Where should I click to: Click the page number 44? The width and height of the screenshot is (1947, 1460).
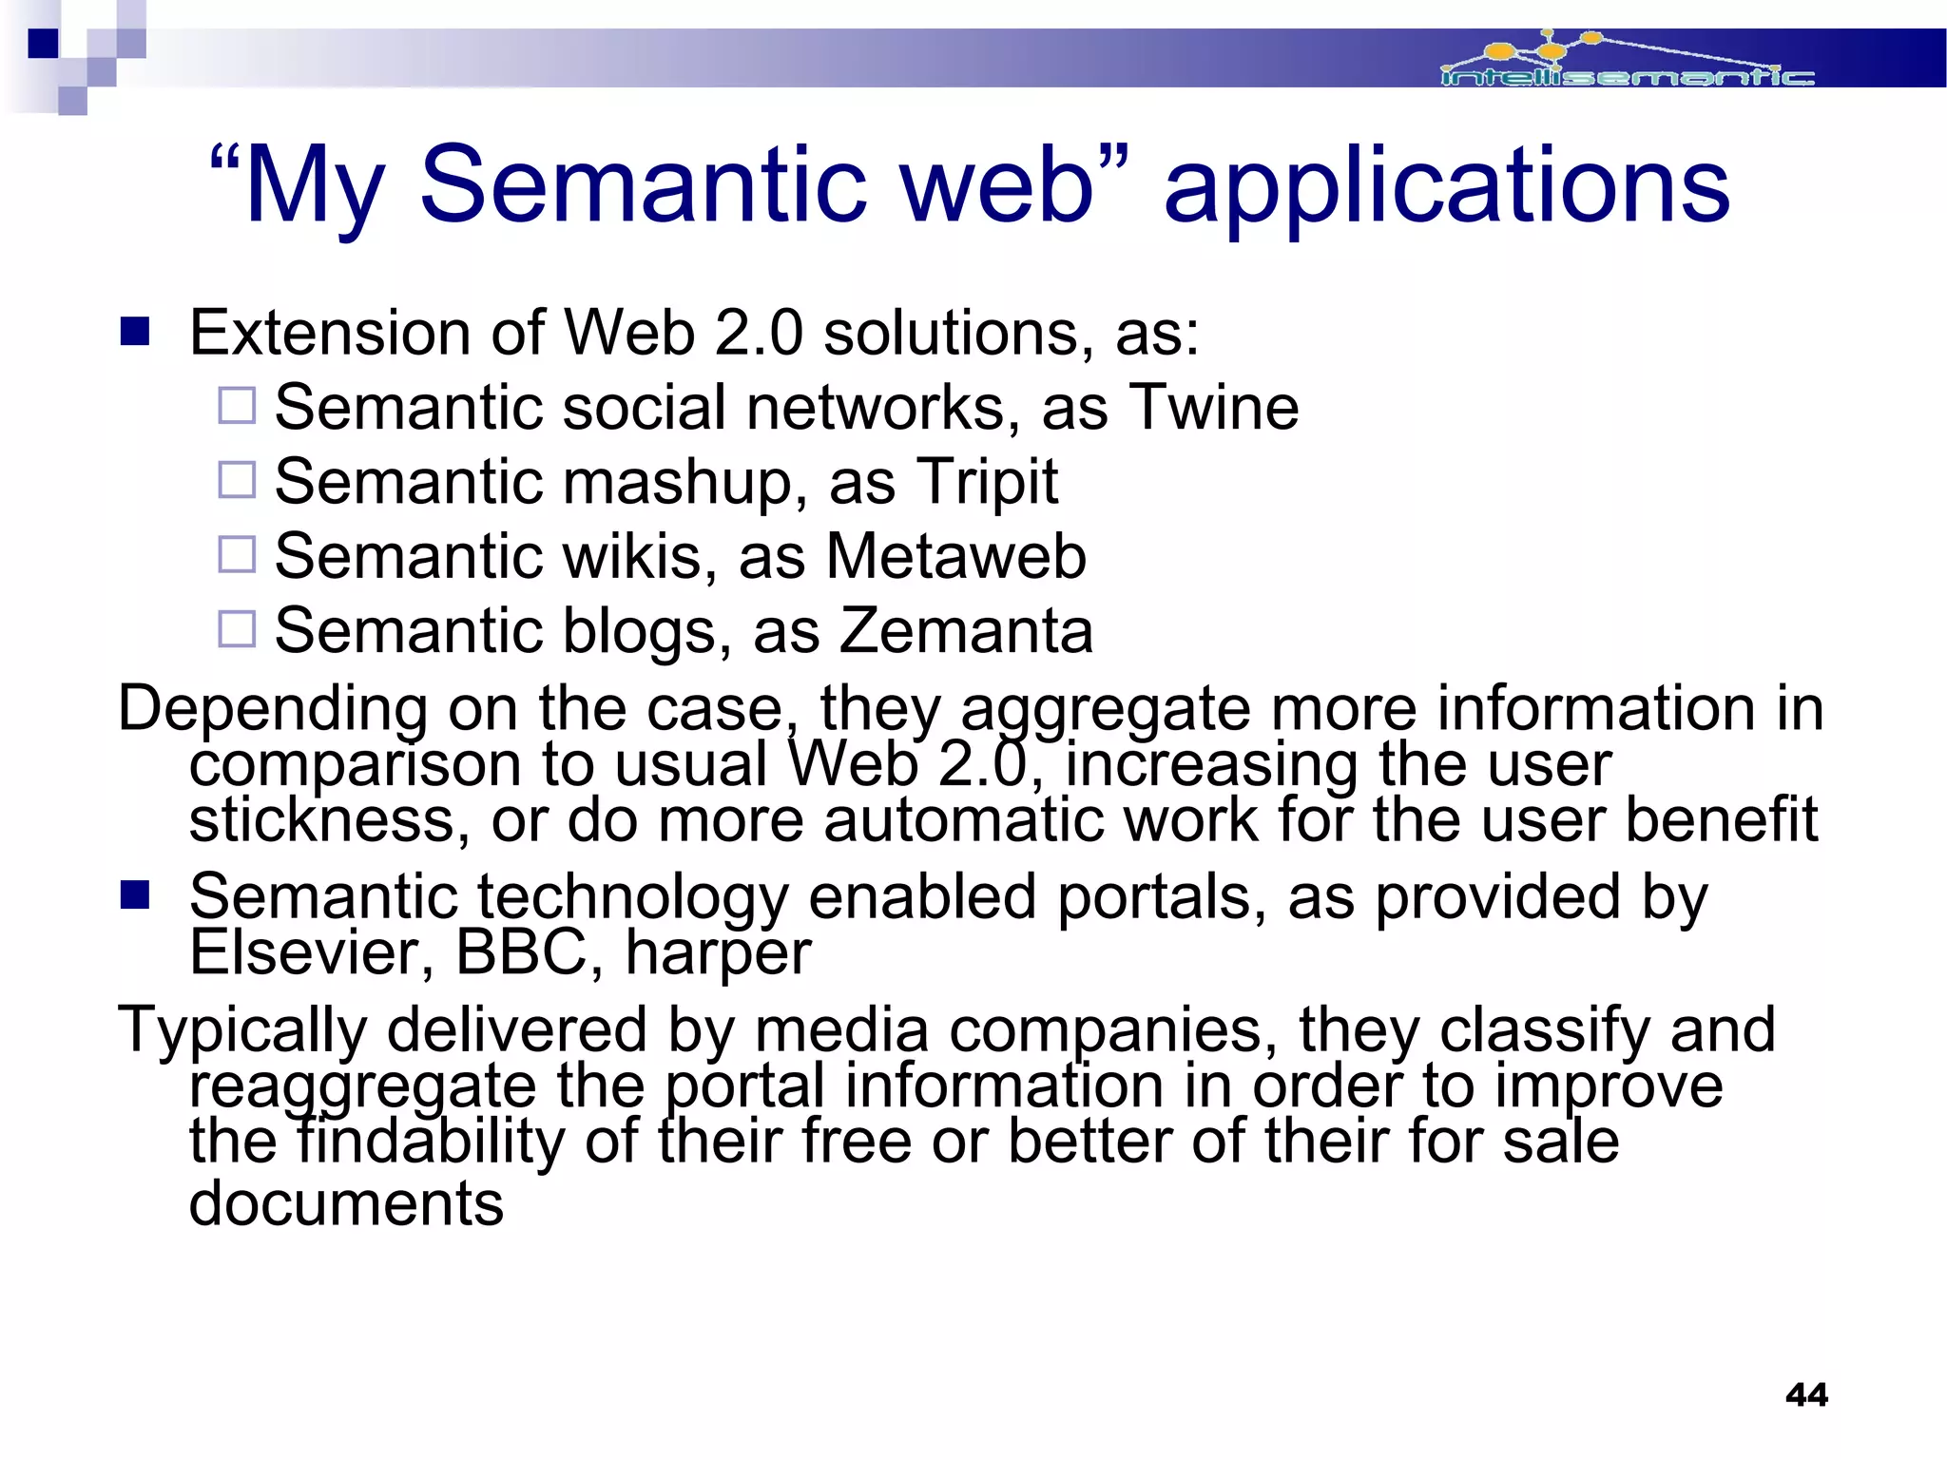click(x=1806, y=1394)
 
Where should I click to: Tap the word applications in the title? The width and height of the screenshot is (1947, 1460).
click(x=1446, y=187)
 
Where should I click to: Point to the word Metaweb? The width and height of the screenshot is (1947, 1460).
click(x=955, y=556)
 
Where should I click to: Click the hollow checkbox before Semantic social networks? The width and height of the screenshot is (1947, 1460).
click(x=237, y=406)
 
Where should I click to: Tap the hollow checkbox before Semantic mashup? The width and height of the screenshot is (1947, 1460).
click(x=237, y=480)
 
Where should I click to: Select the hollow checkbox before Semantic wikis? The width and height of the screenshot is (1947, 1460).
click(x=237, y=554)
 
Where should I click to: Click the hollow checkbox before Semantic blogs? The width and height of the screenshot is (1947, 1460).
click(x=237, y=628)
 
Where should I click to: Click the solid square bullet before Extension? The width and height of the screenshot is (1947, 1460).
click(x=136, y=332)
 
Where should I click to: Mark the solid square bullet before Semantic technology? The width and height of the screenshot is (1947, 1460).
click(x=136, y=895)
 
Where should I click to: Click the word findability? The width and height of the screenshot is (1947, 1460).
click(x=431, y=1142)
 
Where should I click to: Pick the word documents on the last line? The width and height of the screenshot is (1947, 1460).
click(x=346, y=1204)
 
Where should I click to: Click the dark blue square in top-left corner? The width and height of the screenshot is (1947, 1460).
click(x=44, y=44)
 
